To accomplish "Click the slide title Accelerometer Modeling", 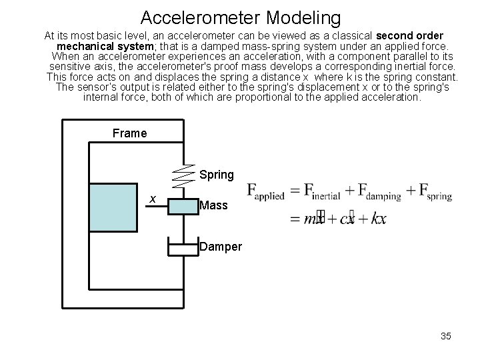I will click(241, 17).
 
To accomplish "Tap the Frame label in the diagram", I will click(130, 133).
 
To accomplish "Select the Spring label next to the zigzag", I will click(217, 175).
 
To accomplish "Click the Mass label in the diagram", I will click(213, 207).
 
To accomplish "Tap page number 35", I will click(445, 336).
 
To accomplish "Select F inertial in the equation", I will click(322, 193).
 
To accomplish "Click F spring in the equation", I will click(434, 193).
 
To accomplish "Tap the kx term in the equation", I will click(377, 219).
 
